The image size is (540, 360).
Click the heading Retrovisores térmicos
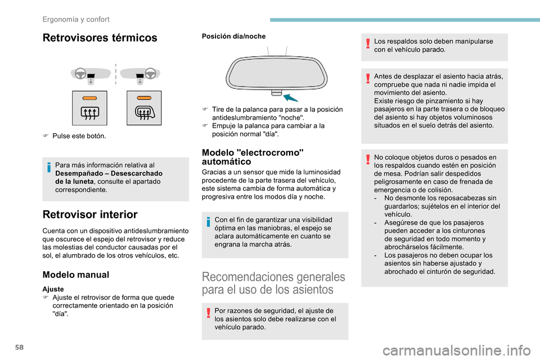coord(100,38)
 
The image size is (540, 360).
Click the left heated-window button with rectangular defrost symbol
coord(89,107)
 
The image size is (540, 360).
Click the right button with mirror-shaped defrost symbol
coord(143,107)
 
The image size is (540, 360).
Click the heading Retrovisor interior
coord(90,214)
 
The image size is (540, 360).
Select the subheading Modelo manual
coord(76,274)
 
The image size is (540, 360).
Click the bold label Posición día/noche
coord(233,36)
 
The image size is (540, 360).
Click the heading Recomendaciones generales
coord(273,283)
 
